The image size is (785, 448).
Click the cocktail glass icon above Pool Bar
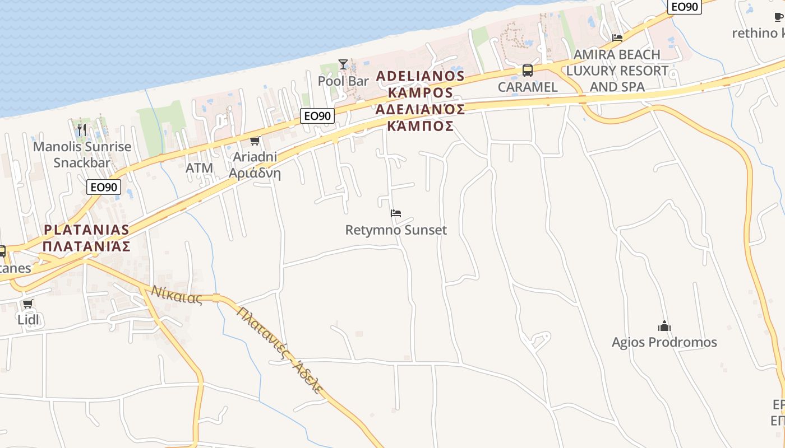[343, 64]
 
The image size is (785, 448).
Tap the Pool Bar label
[343, 81]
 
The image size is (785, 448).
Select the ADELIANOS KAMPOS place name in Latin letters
[420, 84]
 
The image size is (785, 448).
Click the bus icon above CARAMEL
[527, 71]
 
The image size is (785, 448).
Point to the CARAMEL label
[528, 87]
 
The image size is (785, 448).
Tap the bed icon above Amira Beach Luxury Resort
[617, 38]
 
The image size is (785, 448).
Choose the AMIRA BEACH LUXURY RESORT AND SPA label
[617, 71]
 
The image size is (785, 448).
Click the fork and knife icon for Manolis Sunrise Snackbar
[82, 130]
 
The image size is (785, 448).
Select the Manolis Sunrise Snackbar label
[82, 155]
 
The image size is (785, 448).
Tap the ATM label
[199, 168]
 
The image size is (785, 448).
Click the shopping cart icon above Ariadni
[255, 141]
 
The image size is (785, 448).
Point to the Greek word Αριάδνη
[255, 173]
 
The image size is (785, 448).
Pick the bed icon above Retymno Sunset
[396, 213]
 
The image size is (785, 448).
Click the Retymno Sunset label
[396, 230]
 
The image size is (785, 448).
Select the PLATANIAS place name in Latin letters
[86, 230]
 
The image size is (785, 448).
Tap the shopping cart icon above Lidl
[27, 304]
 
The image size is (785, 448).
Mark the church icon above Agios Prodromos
[664, 326]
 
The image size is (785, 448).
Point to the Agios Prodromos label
[664, 342]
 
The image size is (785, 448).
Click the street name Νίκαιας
[176, 295]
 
